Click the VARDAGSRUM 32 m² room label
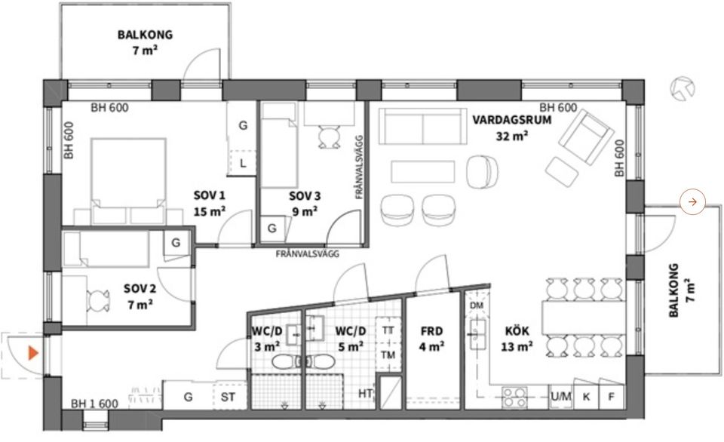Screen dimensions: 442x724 499,127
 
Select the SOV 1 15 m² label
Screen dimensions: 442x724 210,204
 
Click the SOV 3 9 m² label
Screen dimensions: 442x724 305,204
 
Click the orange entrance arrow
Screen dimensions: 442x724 32,353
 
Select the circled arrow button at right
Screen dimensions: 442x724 692,201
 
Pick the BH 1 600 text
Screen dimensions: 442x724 95,404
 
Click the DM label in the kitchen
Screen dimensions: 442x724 476,305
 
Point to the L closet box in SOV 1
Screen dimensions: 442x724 243,163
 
